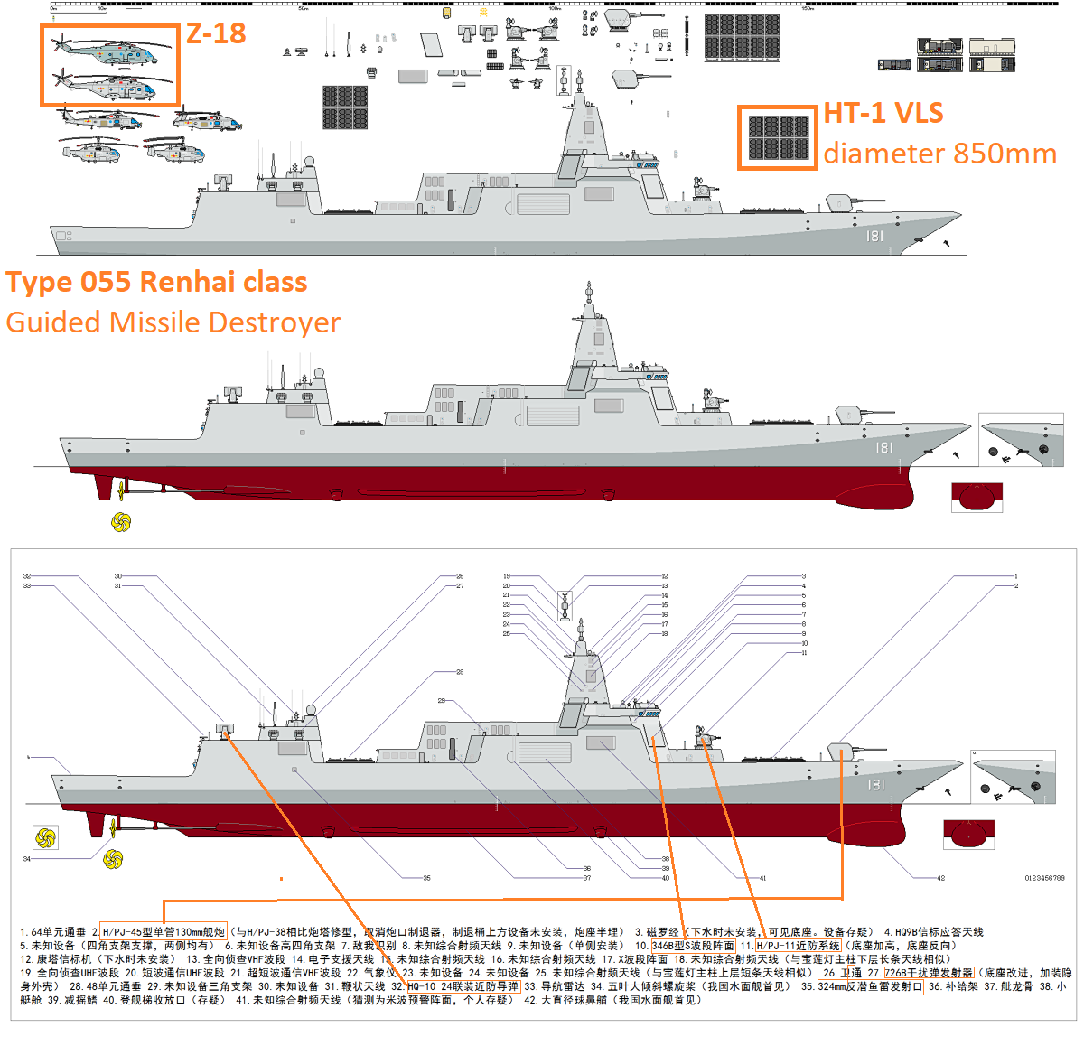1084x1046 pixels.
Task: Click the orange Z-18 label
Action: pos(216,33)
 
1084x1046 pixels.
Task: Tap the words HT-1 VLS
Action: pos(883,113)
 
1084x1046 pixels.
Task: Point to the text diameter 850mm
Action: pos(939,154)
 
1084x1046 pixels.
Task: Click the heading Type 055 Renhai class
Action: pos(156,282)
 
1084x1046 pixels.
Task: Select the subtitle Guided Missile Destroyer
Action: pos(173,322)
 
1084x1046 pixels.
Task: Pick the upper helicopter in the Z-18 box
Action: pos(107,51)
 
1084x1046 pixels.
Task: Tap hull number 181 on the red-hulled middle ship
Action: pos(883,447)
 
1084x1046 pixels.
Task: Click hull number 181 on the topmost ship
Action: pos(874,236)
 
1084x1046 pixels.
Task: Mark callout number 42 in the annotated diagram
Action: pos(940,878)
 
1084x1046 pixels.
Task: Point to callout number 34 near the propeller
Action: pos(27,859)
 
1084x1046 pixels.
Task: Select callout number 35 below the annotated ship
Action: pos(426,878)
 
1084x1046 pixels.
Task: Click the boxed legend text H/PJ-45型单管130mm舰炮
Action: pos(164,932)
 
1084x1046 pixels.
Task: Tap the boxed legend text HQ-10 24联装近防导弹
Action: pos(463,986)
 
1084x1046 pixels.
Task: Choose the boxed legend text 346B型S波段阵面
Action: pos(693,946)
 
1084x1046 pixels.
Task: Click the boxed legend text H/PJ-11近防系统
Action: pos(799,946)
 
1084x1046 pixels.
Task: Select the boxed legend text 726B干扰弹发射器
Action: pos(929,973)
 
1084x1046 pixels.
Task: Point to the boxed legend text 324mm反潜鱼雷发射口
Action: pos(870,986)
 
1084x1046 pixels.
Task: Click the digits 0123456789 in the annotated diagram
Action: pos(1044,878)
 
